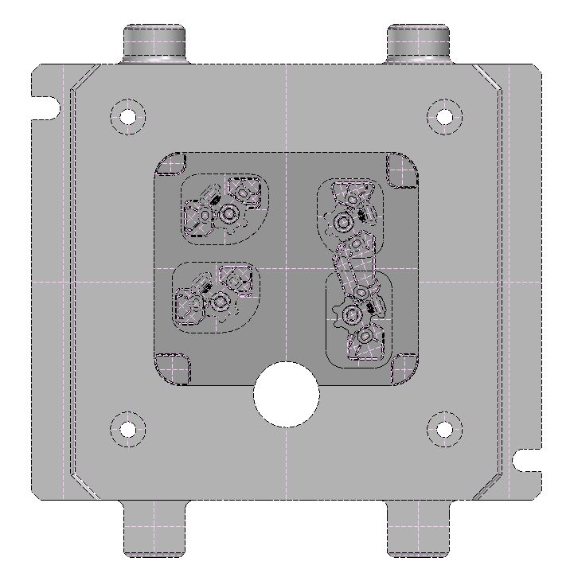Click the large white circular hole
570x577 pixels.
pos(287,394)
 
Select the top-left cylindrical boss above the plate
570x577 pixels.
pos(154,43)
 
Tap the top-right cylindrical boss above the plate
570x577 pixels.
pos(419,43)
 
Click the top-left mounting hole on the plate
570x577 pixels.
pos(128,115)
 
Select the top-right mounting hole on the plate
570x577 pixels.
pos(444,116)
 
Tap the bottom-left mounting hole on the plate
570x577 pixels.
pos(128,430)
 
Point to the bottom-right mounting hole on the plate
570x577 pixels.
pos(444,430)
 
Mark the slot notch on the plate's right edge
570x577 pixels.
pos(527,460)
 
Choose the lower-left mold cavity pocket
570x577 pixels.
pos(217,297)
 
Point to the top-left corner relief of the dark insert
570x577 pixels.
pos(171,165)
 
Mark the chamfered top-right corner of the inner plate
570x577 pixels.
pos(489,79)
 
